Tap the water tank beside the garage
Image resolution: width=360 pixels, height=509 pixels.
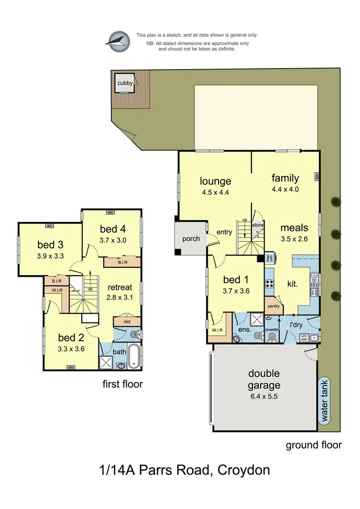pyautogui.click(x=325, y=406)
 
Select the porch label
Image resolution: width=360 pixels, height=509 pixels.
pyautogui.click(x=191, y=238)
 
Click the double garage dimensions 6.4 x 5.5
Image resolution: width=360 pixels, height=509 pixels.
pyautogui.click(x=264, y=397)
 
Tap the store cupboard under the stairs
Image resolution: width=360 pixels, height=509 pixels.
pyautogui.click(x=258, y=224)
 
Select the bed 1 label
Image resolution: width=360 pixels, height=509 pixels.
pyautogui.click(x=235, y=280)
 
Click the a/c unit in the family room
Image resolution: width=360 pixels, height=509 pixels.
pyautogui.click(x=317, y=177)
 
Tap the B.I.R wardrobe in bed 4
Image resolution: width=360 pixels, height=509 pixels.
pyautogui.click(x=122, y=262)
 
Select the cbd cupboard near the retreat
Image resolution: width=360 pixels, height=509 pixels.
pyautogui.click(x=127, y=321)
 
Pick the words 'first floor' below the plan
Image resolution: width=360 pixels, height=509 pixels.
pyautogui.click(x=122, y=384)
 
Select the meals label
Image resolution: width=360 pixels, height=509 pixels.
pyautogui.click(x=294, y=228)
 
